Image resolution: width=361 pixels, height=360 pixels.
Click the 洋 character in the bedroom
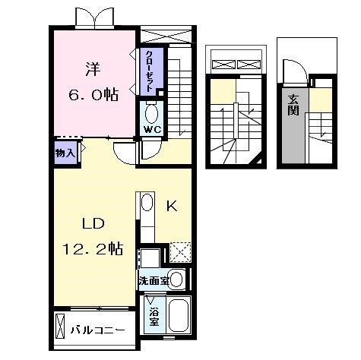(x=93, y=69)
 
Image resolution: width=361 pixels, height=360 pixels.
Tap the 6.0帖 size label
(x=93, y=95)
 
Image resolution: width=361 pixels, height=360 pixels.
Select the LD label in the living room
(x=93, y=223)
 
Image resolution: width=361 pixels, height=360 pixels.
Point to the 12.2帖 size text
(x=93, y=248)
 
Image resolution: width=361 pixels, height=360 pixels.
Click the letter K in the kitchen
(x=172, y=206)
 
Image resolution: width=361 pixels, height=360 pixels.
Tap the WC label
(x=153, y=130)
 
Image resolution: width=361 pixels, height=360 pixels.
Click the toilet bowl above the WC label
(x=151, y=113)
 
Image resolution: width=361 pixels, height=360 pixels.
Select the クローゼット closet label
(x=150, y=71)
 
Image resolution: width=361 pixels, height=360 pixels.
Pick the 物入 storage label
(x=65, y=153)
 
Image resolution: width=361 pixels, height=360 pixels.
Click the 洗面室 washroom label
(x=154, y=280)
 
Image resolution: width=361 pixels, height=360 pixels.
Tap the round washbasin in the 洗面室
(x=176, y=279)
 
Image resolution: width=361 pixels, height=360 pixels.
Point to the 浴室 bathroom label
(x=154, y=316)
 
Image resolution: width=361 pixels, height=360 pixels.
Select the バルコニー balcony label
(x=98, y=330)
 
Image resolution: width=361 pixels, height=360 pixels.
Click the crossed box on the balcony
(x=60, y=326)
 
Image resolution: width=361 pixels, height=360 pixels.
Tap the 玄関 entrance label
(x=293, y=105)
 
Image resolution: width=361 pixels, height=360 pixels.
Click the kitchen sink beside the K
(x=147, y=202)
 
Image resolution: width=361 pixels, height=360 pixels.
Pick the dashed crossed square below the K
(x=180, y=252)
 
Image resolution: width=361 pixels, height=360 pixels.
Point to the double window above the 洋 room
(x=95, y=17)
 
